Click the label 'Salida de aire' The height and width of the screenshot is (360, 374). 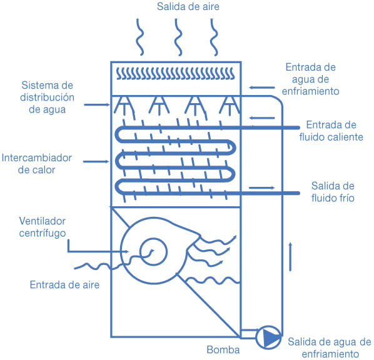tap(188, 6)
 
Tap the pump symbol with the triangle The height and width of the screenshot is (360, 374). tap(268, 337)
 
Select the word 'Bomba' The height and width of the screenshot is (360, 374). tap(223, 350)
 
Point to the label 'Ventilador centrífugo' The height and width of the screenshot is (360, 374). tap(43, 227)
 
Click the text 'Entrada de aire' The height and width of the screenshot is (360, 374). tap(64, 284)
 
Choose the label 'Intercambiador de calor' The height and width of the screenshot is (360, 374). tap(37, 164)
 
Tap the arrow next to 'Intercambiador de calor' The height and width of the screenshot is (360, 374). tap(96, 162)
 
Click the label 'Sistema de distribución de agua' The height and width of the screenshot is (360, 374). tap(48, 97)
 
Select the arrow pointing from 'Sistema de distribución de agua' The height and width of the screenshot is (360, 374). tap(97, 104)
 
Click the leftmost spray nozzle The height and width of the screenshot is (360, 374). tap(124, 105)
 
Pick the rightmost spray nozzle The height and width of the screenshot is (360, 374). tap(230, 105)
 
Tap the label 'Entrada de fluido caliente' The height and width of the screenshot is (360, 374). tap(331, 131)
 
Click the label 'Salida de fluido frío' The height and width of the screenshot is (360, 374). tap(333, 192)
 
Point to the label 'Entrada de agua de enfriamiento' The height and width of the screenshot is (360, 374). tap(311, 79)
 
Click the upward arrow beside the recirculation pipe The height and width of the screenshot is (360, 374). tap(290, 257)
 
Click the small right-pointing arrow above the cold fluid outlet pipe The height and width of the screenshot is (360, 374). tap(262, 188)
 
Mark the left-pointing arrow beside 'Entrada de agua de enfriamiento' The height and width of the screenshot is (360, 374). tap(262, 87)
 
